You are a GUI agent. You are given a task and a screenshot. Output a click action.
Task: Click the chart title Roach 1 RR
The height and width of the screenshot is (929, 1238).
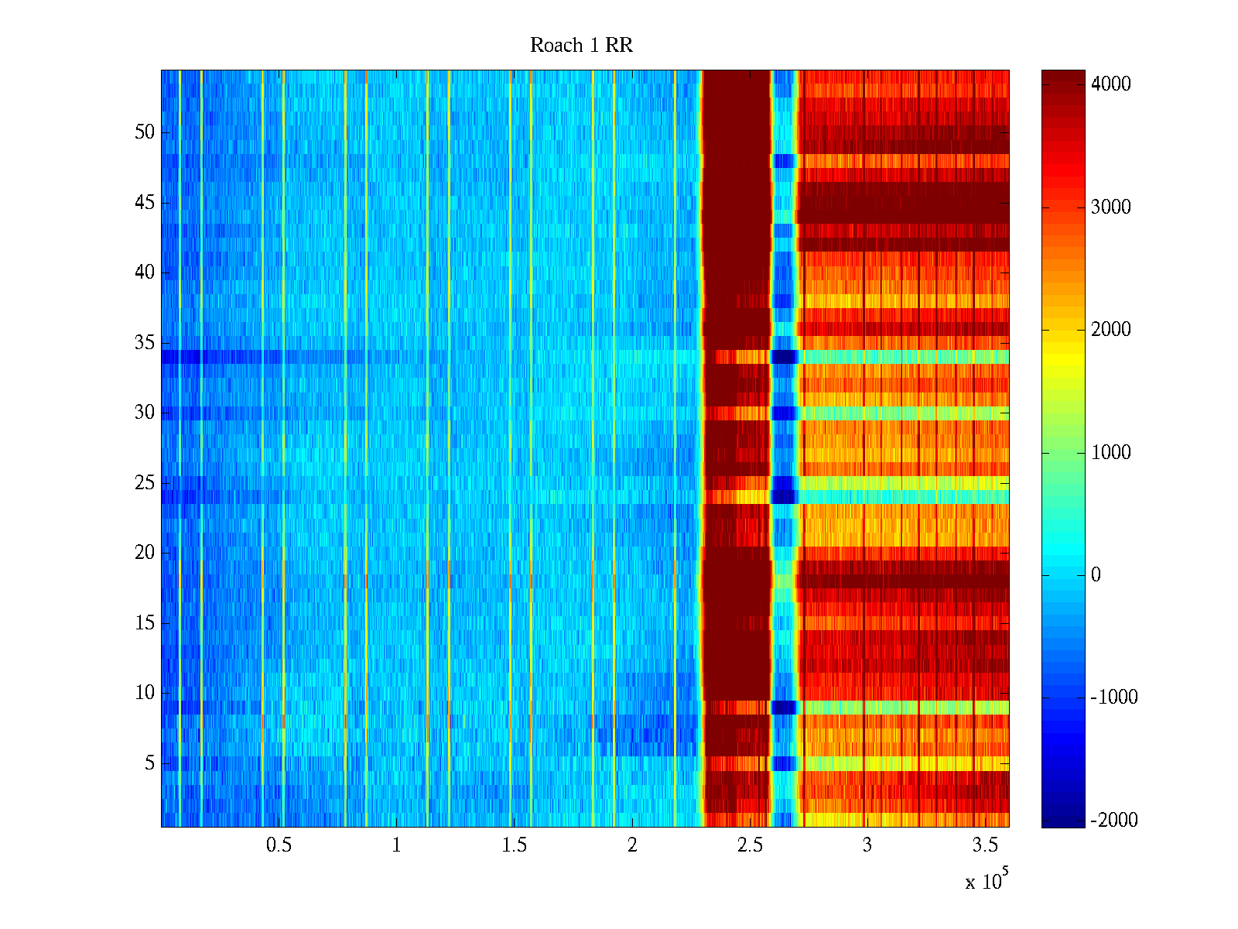[581, 46]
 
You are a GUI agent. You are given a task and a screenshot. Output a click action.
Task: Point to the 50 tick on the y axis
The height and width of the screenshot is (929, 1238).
[145, 132]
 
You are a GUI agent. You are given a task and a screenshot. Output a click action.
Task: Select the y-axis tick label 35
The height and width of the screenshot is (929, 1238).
[145, 343]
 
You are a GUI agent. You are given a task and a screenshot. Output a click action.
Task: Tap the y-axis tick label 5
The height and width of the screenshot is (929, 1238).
[149, 763]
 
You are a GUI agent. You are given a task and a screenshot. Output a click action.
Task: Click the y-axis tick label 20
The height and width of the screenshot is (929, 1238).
[145, 553]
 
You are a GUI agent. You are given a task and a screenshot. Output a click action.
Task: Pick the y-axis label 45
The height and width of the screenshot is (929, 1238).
[145, 203]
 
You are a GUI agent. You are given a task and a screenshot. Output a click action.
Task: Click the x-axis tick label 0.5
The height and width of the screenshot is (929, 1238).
[279, 845]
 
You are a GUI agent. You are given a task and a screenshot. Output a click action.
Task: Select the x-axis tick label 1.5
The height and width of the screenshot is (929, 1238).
[514, 845]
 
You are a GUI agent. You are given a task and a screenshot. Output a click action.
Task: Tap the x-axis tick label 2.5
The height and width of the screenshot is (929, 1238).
[750, 845]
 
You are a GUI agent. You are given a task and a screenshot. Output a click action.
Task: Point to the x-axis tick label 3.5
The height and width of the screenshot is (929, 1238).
[985, 845]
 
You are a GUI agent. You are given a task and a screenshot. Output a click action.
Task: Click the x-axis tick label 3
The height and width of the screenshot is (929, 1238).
[867, 845]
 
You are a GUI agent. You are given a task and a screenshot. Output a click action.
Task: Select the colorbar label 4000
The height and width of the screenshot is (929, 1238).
[1111, 84]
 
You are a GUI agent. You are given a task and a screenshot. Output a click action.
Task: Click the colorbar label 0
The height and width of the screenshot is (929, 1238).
[1096, 575]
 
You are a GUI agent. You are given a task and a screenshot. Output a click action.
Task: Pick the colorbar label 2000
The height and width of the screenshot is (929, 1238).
[1111, 330]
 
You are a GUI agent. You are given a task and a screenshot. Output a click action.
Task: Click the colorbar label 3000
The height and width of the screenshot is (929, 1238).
[1111, 207]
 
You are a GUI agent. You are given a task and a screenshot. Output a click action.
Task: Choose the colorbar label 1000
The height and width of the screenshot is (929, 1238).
[1111, 452]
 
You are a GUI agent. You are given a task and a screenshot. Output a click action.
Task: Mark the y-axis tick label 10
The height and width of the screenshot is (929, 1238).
[145, 693]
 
